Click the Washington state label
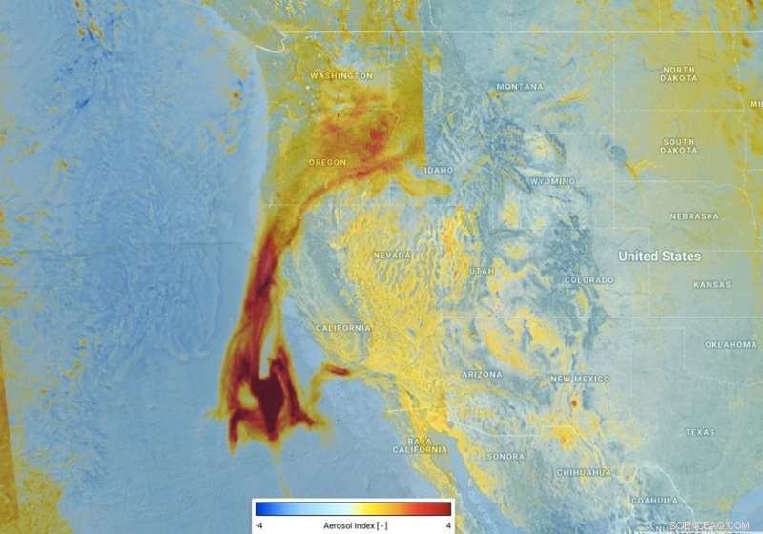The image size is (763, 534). (340, 75)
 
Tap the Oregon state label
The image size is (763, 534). (327, 163)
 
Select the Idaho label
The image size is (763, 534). (439, 170)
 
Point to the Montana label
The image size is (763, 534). (519, 88)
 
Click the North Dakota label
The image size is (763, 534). (678, 74)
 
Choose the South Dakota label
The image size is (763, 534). (678, 147)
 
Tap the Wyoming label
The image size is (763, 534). (552, 181)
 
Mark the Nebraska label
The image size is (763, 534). (694, 216)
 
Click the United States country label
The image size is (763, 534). (659, 257)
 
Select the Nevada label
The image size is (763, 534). (392, 256)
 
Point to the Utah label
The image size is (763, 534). (483, 272)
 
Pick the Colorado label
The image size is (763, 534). (588, 280)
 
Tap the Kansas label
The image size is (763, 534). (711, 285)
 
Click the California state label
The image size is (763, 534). (343, 328)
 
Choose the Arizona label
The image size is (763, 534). (482, 375)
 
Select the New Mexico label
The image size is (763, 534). (580, 380)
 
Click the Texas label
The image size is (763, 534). (699, 432)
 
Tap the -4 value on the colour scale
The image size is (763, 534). (258, 525)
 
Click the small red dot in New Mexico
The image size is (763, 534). (574, 404)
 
